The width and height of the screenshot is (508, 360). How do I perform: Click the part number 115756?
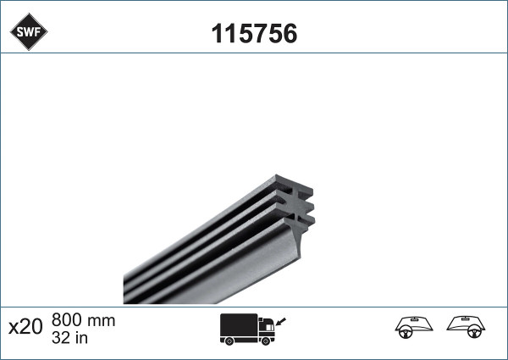[x=253, y=33]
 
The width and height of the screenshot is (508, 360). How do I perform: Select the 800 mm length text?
[x=83, y=321]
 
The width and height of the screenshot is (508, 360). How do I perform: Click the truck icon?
[x=249, y=330]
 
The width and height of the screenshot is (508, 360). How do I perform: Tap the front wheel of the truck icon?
[x=268, y=341]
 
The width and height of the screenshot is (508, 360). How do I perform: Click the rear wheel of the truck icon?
[x=229, y=341]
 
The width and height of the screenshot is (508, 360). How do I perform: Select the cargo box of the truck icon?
[x=239, y=324]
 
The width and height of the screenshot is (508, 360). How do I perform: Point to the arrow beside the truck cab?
[x=281, y=320]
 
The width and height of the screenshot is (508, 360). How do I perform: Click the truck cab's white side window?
[x=267, y=323]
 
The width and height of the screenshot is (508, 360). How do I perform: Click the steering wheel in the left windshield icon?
[x=405, y=332]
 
